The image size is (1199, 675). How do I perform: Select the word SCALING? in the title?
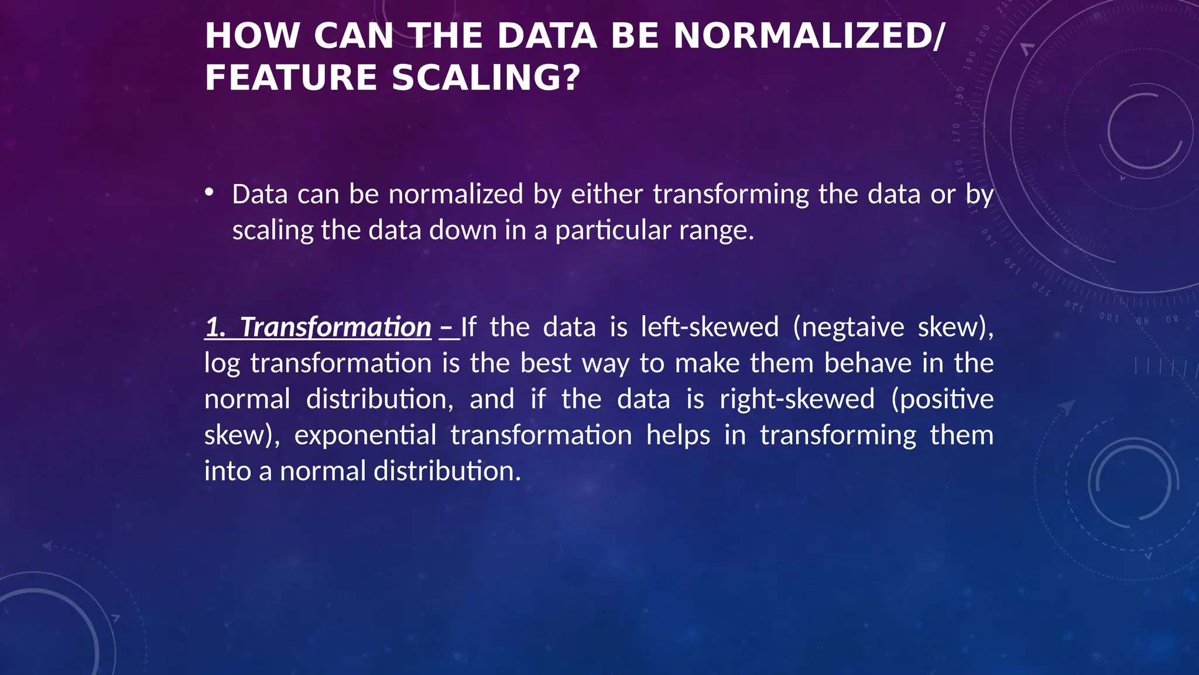tap(486, 79)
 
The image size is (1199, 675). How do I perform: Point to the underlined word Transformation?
tap(335, 327)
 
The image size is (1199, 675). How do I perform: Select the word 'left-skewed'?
tap(710, 327)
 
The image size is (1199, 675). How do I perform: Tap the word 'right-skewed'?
tap(797, 399)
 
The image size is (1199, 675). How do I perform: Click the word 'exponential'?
tap(365, 435)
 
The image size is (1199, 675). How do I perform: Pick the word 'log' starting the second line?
tap(222, 364)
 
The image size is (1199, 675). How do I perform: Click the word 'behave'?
tap(868, 363)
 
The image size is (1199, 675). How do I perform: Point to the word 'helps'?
tap(678, 435)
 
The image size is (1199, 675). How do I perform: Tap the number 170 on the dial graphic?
tap(957, 132)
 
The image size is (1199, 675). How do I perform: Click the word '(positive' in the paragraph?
tap(942, 399)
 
